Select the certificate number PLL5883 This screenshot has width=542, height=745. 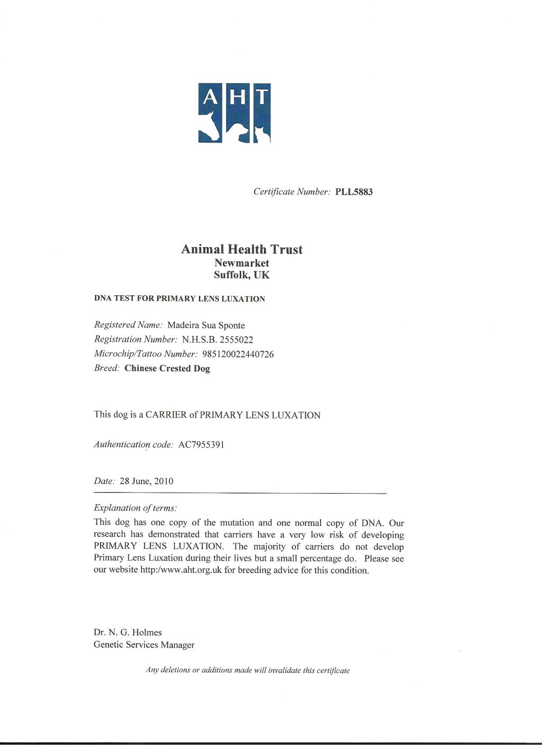354,192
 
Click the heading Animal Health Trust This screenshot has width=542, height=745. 242,249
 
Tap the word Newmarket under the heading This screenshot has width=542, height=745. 242,263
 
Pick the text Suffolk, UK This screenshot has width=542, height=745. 242,275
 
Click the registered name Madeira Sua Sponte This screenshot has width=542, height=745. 206,325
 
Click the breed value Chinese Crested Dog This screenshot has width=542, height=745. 167,369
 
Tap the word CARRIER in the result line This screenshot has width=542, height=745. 166,415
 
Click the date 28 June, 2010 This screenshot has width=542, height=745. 147,481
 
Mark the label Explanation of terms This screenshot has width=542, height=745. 135,508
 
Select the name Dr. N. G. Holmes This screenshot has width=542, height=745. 128,632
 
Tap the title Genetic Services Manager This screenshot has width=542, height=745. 144,645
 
